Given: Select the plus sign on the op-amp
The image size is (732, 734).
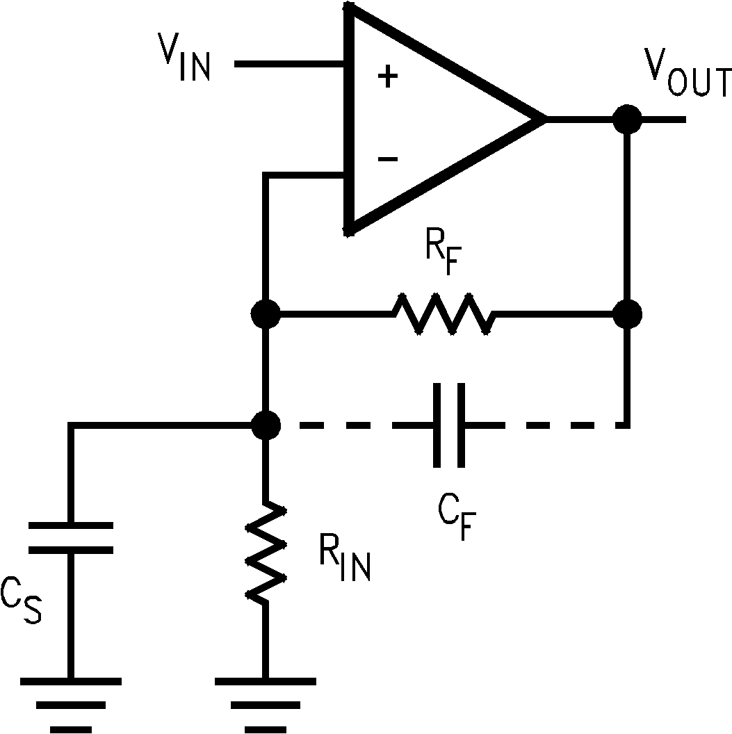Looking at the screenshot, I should pos(387,77).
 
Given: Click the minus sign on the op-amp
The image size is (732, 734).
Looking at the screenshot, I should pos(387,159).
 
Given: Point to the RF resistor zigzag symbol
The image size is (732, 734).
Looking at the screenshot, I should pos(445,315).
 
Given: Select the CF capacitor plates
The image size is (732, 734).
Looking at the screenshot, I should pos(448,424).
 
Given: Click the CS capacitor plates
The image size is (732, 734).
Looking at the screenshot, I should pos(70,537).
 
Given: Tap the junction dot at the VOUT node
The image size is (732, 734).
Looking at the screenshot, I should pos(627,120).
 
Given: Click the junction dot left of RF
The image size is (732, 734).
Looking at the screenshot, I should pos(266,315).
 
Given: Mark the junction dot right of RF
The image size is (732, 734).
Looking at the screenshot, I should pos(627,315).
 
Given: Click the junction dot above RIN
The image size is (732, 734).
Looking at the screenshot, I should pos(266,424).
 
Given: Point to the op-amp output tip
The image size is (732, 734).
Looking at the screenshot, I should pos(542,120).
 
